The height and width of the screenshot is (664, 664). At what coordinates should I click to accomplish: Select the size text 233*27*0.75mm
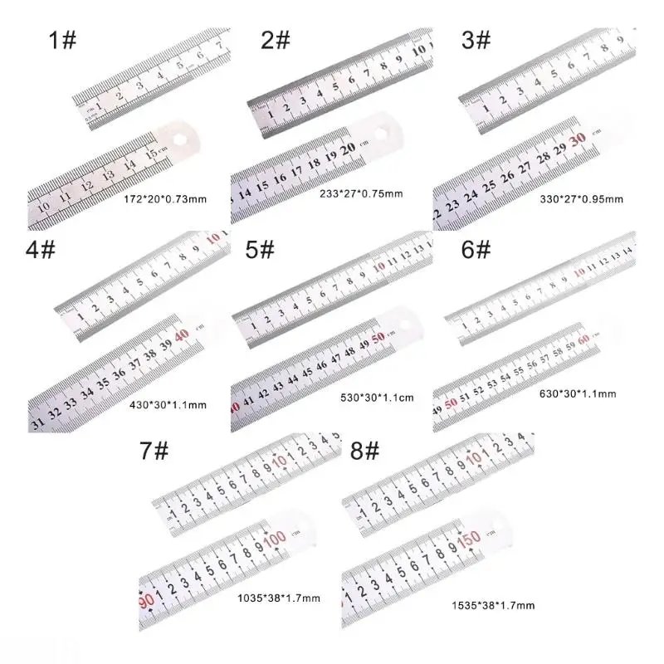pos(362,193)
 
